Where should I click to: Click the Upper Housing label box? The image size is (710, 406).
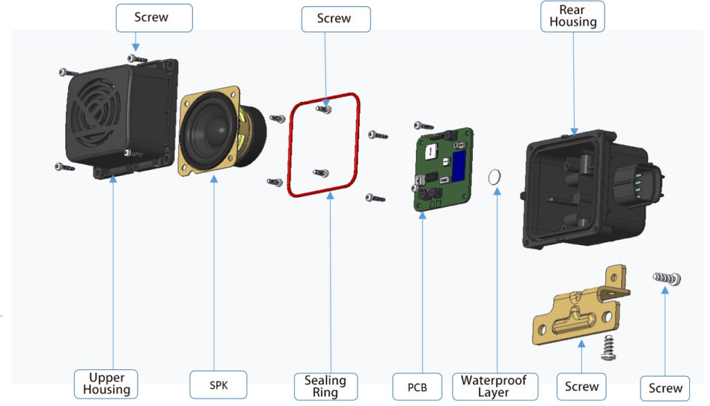(107, 384)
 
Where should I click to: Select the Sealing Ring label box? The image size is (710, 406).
(325, 386)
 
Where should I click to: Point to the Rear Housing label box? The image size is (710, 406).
(573, 16)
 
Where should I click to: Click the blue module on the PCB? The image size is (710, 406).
(460, 164)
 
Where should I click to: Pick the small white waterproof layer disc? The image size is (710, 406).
(495, 177)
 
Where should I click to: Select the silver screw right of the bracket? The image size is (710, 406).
(666, 278)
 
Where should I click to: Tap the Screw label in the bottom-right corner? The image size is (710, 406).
(666, 389)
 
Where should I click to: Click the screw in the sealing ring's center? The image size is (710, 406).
(320, 174)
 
